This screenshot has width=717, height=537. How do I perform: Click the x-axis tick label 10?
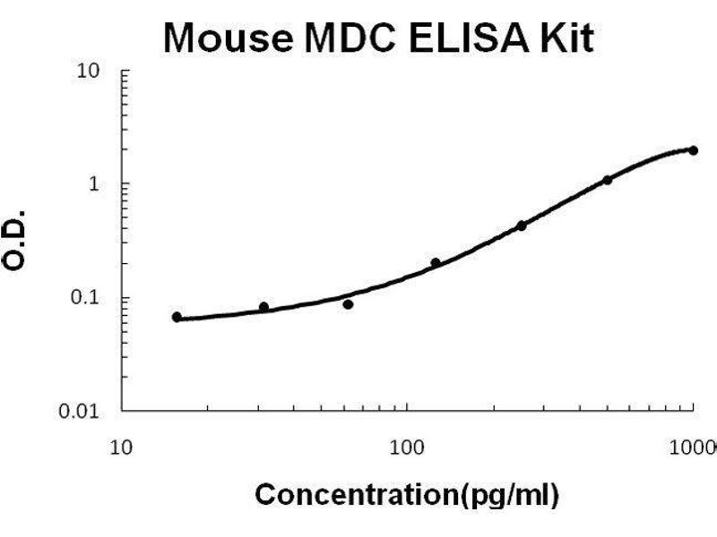(122, 445)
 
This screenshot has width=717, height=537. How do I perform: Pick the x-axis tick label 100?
(408, 445)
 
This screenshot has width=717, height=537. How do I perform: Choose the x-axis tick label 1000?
(695, 445)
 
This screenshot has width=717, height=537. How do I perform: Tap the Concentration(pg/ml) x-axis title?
(407, 494)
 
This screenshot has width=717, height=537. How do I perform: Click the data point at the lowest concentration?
(177, 317)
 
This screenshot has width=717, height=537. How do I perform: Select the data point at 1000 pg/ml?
(693, 150)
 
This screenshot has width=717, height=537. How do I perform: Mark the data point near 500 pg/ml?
(607, 180)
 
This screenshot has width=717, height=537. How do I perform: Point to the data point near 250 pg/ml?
(521, 226)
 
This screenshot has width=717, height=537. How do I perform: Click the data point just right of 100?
(436, 262)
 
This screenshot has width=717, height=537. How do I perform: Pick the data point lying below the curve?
(348, 304)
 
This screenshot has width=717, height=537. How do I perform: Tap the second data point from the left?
(263, 307)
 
